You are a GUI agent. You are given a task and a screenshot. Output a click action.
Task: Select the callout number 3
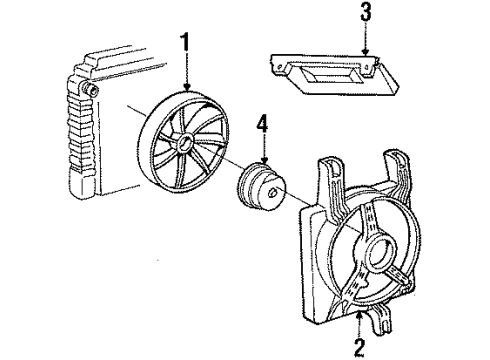point(366,14)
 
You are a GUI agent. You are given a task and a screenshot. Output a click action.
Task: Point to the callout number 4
point(263,126)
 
